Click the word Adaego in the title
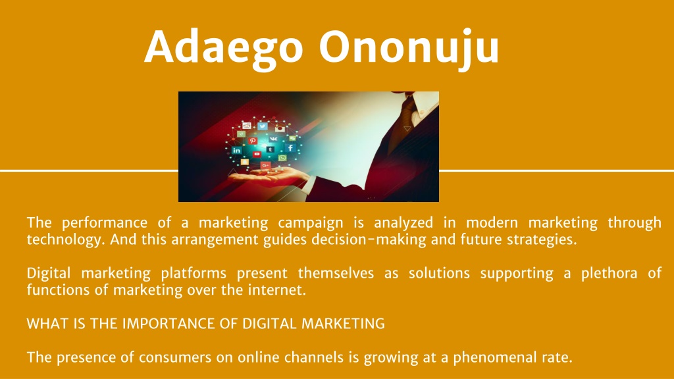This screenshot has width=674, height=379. pyautogui.click(x=224, y=48)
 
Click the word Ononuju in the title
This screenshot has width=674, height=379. pyautogui.click(x=409, y=48)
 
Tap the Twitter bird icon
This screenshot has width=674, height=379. pyautogui.click(x=263, y=126)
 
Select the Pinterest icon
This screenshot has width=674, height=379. pyautogui.click(x=253, y=141)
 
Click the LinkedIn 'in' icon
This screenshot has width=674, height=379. pyautogui.click(x=236, y=151)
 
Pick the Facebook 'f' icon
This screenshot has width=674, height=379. pyautogui.click(x=290, y=148)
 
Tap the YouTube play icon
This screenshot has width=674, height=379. pyautogui.click(x=257, y=154)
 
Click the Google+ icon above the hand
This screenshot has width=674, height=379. pyautogui.click(x=266, y=165)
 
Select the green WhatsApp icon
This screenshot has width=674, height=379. pyautogui.click(x=282, y=158)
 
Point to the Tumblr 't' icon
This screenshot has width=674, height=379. pyautogui.click(x=270, y=149)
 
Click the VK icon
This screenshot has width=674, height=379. pyautogui.click(x=273, y=139)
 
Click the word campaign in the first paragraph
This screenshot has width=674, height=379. pyautogui.click(x=311, y=223)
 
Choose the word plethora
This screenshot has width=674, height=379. pyautogui.click(x=609, y=273)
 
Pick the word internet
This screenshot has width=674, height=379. pyautogui.click(x=277, y=290)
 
